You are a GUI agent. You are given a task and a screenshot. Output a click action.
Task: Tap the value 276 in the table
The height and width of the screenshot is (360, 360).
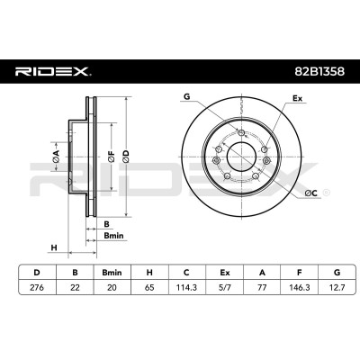(x=37, y=287)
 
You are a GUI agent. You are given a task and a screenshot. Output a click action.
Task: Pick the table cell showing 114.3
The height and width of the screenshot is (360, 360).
(x=186, y=287)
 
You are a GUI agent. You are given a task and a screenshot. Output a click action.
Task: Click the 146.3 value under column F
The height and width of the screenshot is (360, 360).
(x=299, y=287)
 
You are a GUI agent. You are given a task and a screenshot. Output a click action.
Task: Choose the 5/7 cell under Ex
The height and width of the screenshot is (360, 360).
(x=224, y=287)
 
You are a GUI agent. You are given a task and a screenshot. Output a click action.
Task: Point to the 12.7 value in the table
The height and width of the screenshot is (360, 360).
(x=337, y=287)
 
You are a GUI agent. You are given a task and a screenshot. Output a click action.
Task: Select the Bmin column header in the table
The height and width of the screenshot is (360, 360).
(x=112, y=273)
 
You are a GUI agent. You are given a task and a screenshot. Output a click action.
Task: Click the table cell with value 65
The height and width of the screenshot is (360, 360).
(x=149, y=287)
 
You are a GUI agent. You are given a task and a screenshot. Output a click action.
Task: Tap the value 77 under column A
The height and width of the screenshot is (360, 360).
(x=262, y=287)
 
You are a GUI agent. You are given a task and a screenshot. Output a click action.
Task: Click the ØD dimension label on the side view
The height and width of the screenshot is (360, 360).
(x=126, y=157)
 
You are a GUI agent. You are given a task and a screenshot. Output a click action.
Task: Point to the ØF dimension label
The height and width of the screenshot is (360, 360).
(x=112, y=157)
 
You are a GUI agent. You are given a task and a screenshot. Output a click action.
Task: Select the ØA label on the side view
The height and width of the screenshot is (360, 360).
(x=56, y=157)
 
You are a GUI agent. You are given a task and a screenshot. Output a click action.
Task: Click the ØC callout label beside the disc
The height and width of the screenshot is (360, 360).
(x=310, y=193)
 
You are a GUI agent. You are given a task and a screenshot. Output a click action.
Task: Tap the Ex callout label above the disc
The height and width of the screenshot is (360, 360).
(x=297, y=98)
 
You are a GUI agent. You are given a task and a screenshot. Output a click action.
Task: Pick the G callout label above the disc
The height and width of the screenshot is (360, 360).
(x=187, y=96)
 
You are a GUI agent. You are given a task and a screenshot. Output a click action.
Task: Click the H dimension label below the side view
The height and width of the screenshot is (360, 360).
(x=54, y=247)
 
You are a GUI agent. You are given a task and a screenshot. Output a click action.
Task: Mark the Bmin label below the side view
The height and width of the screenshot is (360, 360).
(x=113, y=236)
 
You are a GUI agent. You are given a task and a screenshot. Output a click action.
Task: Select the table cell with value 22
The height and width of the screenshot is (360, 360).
(x=75, y=287)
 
